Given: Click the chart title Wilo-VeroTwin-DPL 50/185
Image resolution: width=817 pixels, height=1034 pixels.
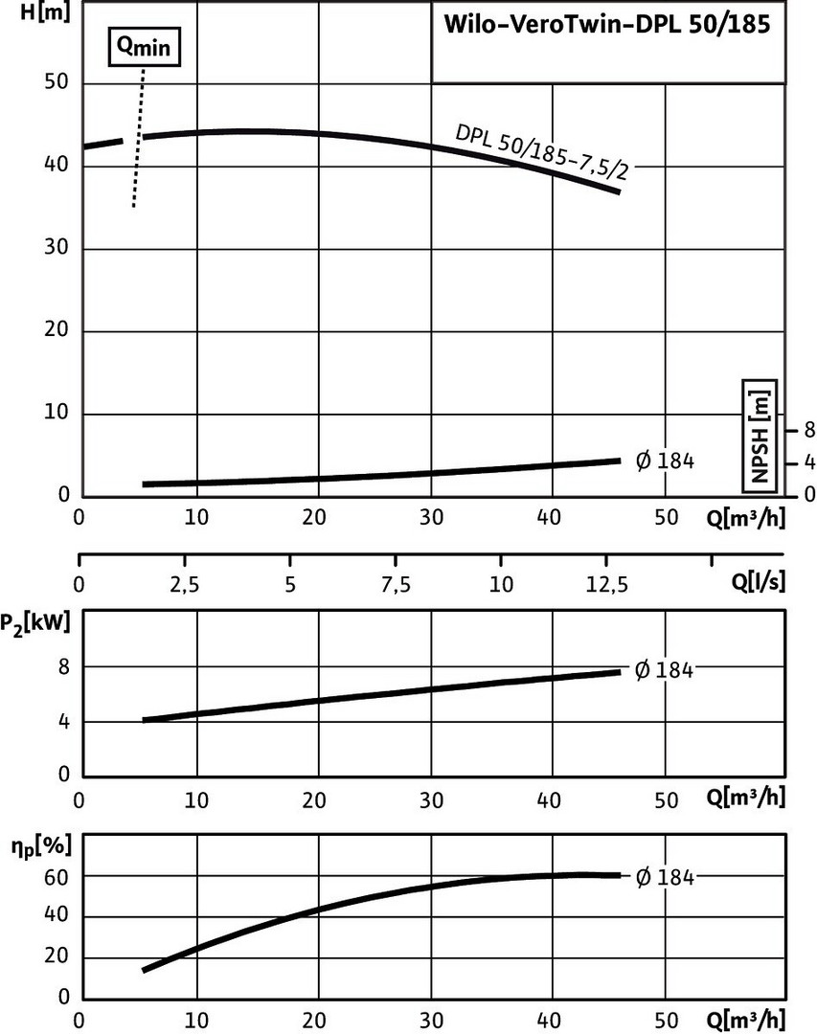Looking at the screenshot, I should coord(606,26).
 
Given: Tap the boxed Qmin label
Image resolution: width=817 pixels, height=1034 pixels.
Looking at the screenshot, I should coord(143,46).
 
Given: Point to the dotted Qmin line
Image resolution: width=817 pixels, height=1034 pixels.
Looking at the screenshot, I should coord(140,144).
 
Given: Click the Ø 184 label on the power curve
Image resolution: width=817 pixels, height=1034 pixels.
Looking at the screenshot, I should coord(664,670).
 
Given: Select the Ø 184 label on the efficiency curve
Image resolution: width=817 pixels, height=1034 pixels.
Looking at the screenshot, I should coord(664,876).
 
